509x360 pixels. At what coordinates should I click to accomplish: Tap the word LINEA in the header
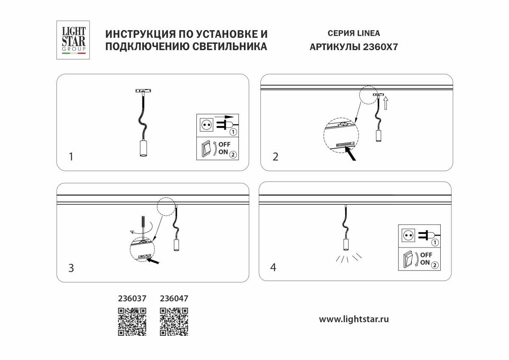[x=369, y=33]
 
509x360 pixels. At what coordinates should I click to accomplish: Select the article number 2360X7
[x=380, y=47]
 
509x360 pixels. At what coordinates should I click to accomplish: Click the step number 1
[x=71, y=157]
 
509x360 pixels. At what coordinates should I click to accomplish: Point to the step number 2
[x=275, y=157]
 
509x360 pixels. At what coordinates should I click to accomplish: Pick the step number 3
[x=71, y=268]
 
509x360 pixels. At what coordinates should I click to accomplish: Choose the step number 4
[x=273, y=267]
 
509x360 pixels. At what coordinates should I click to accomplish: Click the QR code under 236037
[x=132, y=321]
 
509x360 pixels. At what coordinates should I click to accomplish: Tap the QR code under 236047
[x=174, y=321]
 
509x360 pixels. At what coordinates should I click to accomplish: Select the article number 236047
[x=174, y=298]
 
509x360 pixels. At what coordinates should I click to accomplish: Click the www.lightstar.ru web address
[x=354, y=319]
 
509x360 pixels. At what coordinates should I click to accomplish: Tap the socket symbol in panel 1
[x=206, y=125]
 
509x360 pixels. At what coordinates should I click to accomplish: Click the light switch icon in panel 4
[x=408, y=259]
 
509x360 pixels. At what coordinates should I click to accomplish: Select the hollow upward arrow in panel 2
[x=386, y=103]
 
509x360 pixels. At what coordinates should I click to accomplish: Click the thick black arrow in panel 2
[x=352, y=154]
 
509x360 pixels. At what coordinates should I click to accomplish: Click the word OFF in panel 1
[x=224, y=145]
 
